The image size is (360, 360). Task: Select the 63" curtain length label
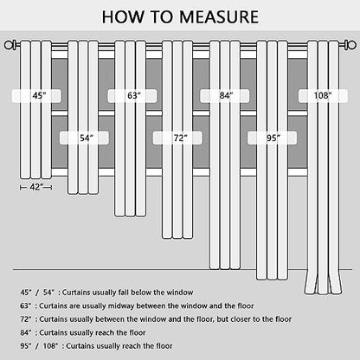pyautogui.click(x=132, y=96)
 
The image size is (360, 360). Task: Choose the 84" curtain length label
pyautogui.click(x=225, y=96)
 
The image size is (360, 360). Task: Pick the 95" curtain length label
pyautogui.click(x=272, y=138)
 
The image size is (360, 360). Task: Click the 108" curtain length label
pyautogui.click(x=323, y=96)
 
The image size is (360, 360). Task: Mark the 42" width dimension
pyautogui.click(x=36, y=188)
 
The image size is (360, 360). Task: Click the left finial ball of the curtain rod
pyautogui.click(x=9, y=45)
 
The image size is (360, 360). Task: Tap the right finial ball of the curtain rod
pyautogui.click(x=351, y=45)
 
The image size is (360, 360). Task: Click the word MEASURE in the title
pyautogui.click(x=219, y=16)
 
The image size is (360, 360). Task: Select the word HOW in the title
pyautogui.click(x=124, y=16)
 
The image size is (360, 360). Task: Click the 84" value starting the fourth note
pyautogui.click(x=25, y=332)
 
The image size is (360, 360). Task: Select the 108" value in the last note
pyautogui.click(x=50, y=346)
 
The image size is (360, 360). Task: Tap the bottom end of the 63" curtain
pyautogui.click(x=130, y=215)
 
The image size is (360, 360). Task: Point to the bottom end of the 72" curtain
pyautogui.click(x=177, y=238)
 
